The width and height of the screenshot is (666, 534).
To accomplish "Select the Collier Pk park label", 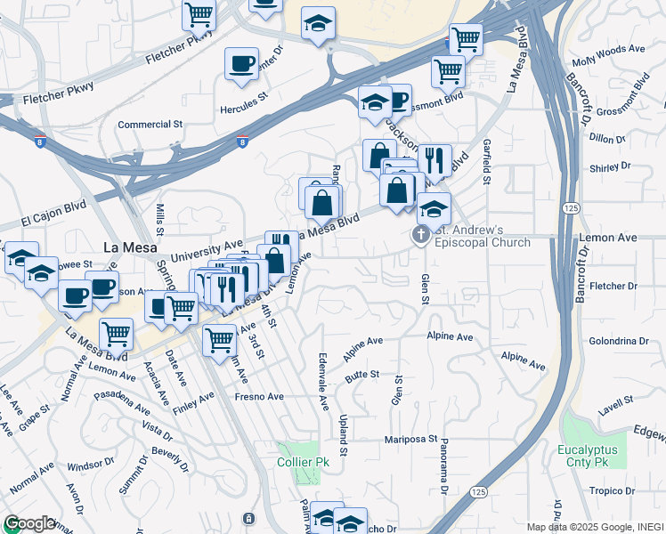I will [x=302, y=462].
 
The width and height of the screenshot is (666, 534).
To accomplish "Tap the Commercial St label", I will [x=150, y=125].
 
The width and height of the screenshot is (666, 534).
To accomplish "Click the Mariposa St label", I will [x=410, y=439].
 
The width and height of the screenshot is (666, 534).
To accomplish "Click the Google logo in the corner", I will [x=29, y=523].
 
